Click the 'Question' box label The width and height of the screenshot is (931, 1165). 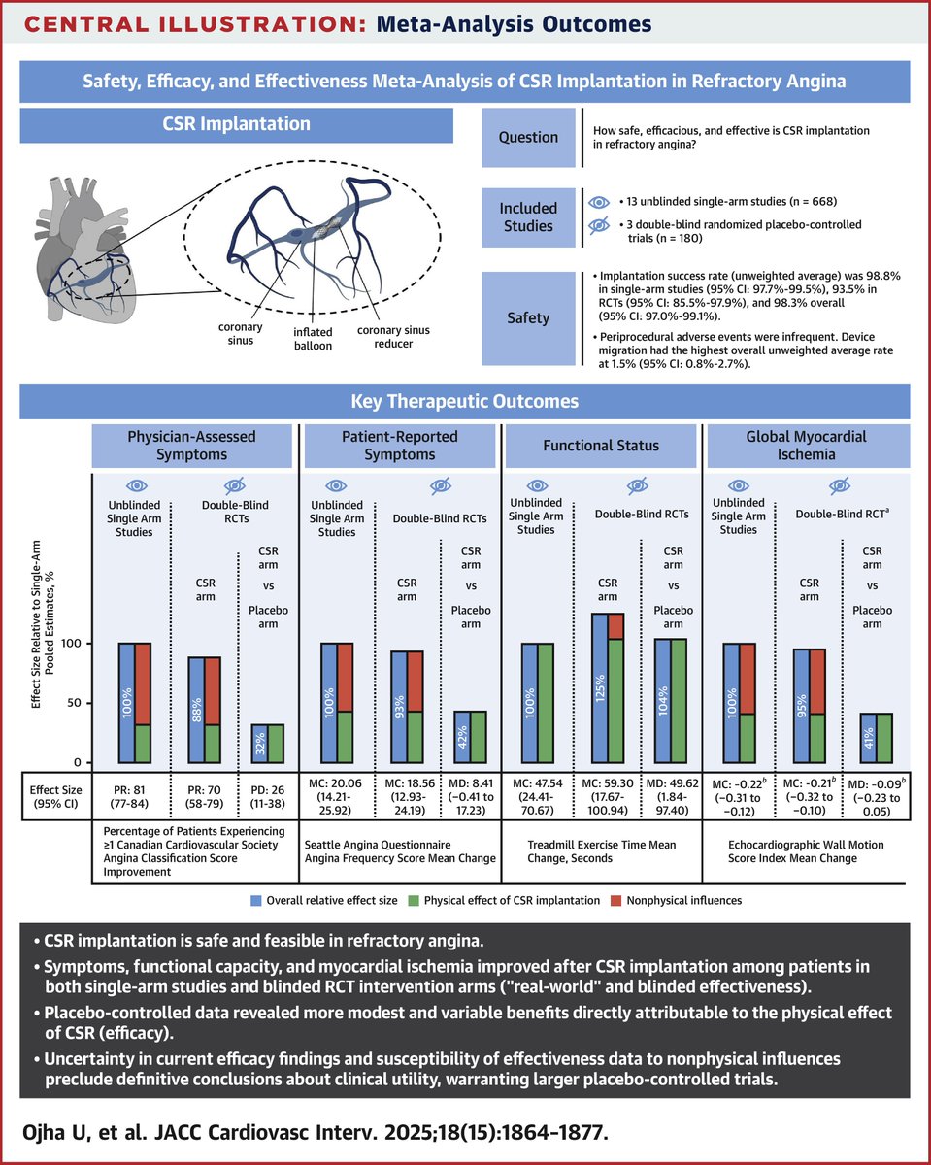coord(528,137)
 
